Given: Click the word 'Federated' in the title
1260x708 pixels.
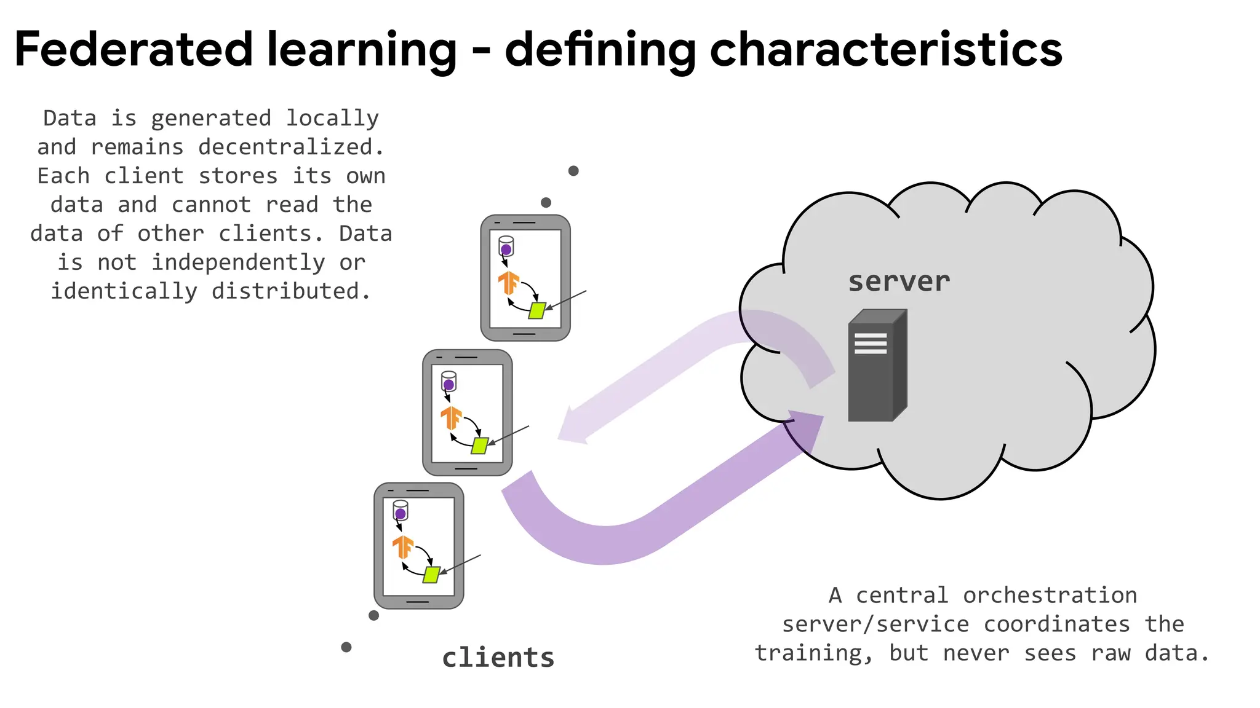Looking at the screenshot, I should tap(133, 49).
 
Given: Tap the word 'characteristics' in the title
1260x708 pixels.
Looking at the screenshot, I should tap(886, 49).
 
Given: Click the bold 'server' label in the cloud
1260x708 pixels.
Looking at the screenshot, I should tap(899, 281).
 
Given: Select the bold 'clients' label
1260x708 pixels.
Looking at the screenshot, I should tap(498, 658).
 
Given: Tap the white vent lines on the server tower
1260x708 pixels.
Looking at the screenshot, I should tap(870, 343).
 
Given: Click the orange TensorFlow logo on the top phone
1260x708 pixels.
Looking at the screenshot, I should tap(509, 283).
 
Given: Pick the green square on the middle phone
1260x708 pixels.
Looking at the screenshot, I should tap(479, 446).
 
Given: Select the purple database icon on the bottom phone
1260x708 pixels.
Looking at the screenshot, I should tap(401, 511).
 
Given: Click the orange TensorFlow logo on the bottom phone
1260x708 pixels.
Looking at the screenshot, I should tap(403, 546).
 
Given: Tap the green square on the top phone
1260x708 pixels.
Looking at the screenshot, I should tap(537, 310).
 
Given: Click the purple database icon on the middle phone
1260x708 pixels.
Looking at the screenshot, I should tap(449, 383).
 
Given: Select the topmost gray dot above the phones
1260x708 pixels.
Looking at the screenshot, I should tap(573, 171).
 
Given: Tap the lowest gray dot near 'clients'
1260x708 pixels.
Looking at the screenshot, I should tap(346, 647).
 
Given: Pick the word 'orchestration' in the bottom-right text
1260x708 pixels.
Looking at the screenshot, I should tap(1050, 595).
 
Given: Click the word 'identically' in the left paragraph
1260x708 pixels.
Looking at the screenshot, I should tap(124, 291).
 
